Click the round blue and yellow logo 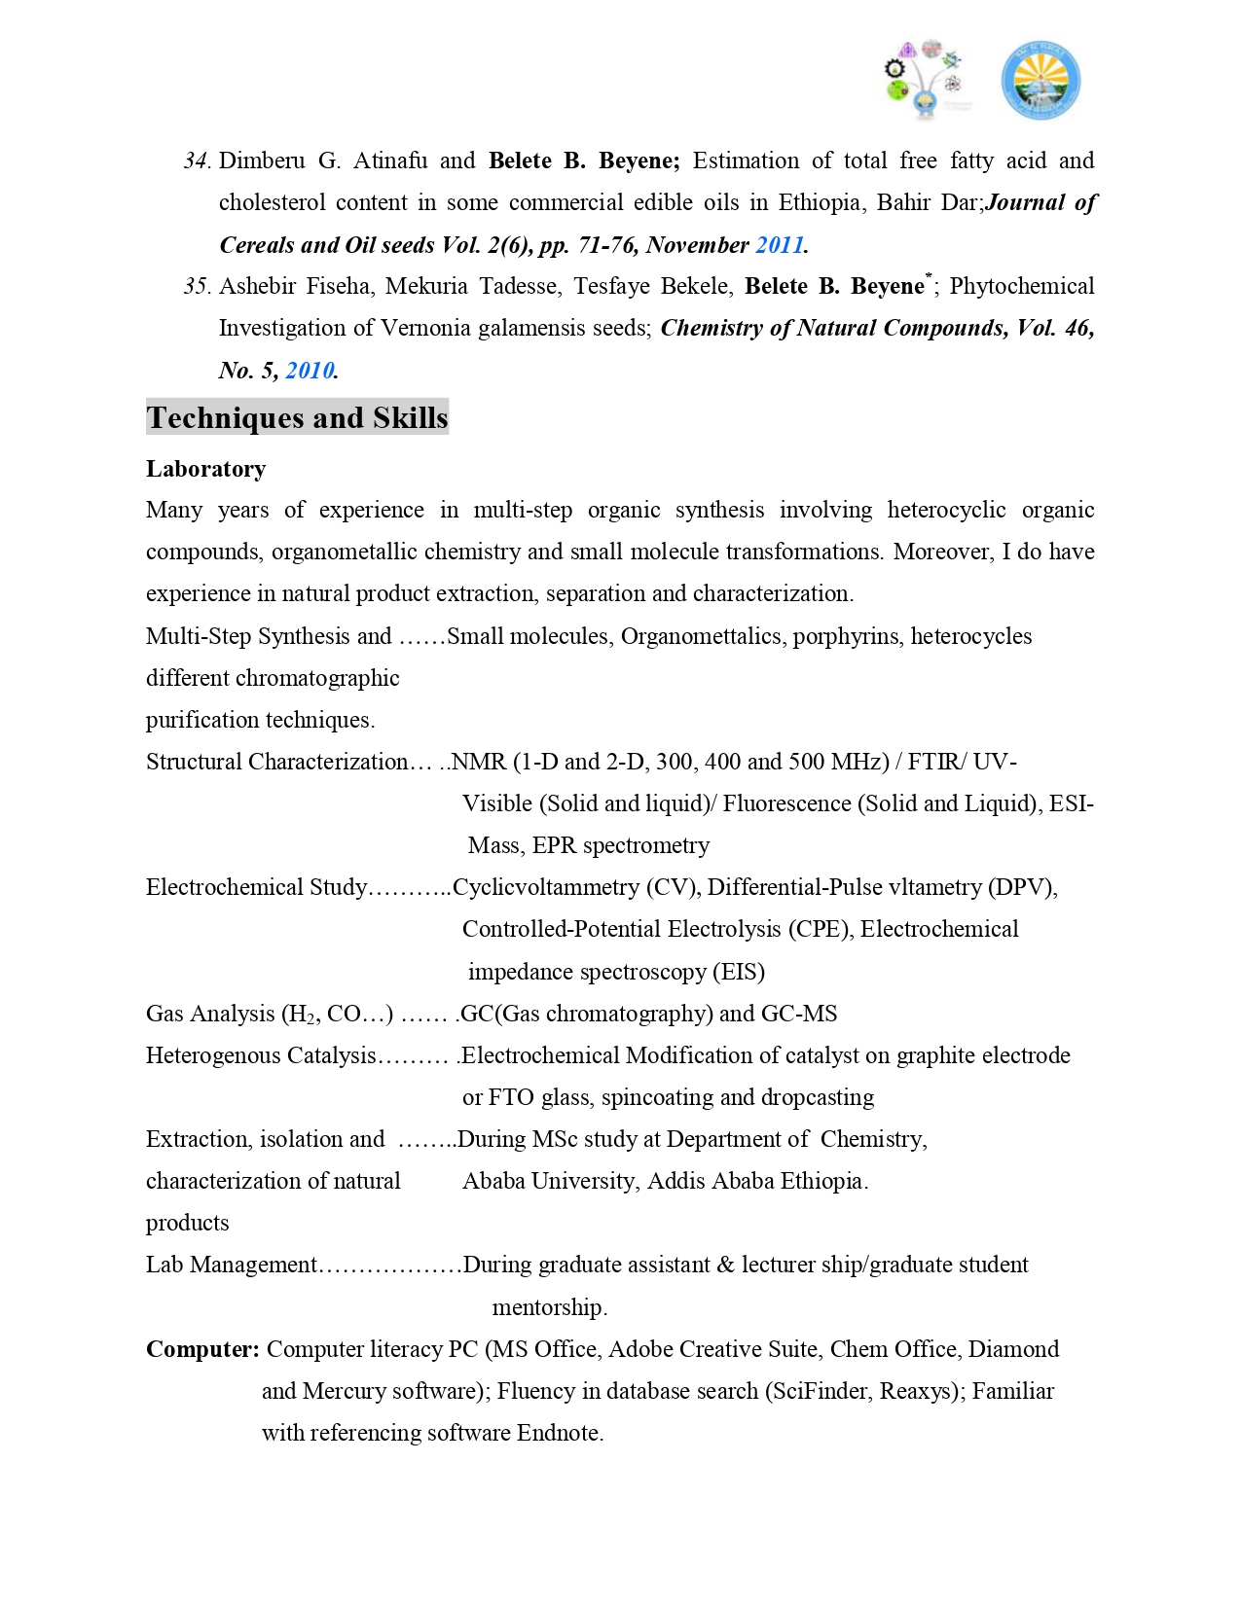(1040, 81)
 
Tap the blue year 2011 (780, 245)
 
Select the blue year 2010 (310, 371)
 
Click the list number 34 (197, 161)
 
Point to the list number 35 (197, 287)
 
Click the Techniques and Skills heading (297, 417)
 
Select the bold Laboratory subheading (205, 469)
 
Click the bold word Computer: (202, 1349)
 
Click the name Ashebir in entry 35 (256, 287)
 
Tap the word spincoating (657, 1097)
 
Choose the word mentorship (549, 1307)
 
